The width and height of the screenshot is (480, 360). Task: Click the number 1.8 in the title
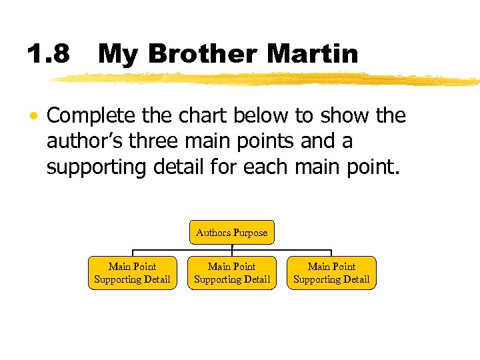[48, 54]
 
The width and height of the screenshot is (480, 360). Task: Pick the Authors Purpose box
[232, 233]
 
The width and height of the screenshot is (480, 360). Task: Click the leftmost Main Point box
[132, 273]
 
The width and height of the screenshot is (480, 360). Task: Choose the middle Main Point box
[232, 273]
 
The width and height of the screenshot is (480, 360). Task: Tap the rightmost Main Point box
[332, 273]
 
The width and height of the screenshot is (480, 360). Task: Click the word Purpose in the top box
[250, 233]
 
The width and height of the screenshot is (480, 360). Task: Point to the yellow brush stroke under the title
[267, 79]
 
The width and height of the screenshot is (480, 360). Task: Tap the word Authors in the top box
[213, 233]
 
